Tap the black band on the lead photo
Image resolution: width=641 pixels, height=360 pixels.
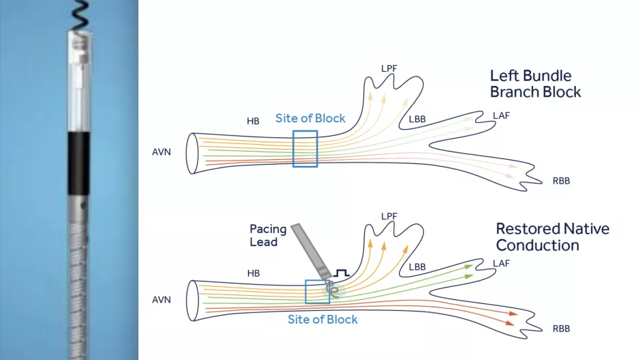click(x=78, y=163)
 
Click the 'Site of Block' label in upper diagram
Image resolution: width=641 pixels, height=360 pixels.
click(x=310, y=118)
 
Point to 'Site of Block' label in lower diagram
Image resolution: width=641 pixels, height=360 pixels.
click(x=323, y=319)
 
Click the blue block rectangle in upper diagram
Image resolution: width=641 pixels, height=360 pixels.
click(x=305, y=148)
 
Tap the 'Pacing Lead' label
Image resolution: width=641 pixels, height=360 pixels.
click(x=264, y=236)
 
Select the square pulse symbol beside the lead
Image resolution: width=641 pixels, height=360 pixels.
click(x=341, y=273)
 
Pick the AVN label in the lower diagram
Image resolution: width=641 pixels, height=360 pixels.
click(x=161, y=300)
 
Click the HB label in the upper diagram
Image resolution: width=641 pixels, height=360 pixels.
click(x=253, y=121)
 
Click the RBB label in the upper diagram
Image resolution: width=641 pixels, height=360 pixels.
click(x=561, y=181)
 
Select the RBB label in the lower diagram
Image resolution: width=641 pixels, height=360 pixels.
click(x=561, y=329)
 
